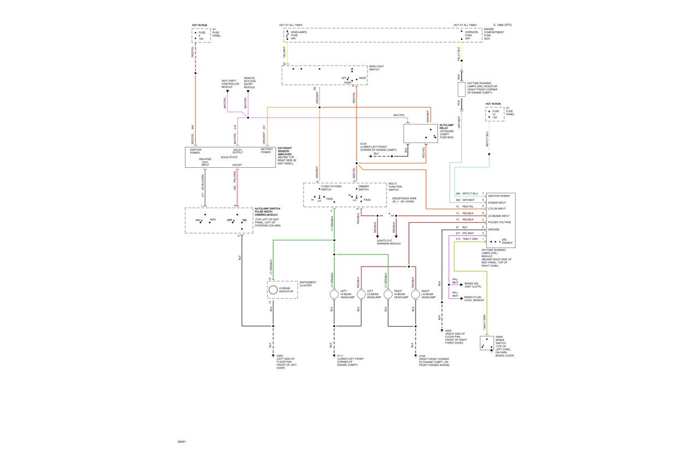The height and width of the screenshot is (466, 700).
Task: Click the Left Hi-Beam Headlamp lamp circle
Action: click(x=334, y=294)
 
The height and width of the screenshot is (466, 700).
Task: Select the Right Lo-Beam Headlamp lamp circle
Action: click(x=416, y=294)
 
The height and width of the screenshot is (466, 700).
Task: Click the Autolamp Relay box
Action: click(x=421, y=133)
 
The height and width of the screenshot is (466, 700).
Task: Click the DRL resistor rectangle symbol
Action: click(x=462, y=90)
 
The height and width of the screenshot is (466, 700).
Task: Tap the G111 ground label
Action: click(x=340, y=356)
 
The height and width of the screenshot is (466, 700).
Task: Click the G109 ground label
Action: click(x=422, y=356)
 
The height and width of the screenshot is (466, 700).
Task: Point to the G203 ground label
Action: click(x=448, y=331)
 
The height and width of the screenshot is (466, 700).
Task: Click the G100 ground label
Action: click(x=364, y=144)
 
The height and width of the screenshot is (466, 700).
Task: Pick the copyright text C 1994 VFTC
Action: click(x=503, y=25)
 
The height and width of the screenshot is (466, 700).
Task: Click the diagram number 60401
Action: click(x=182, y=441)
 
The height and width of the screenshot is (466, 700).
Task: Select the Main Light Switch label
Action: click(x=376, y=68)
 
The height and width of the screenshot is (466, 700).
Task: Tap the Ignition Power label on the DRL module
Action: click(x=498, y=196)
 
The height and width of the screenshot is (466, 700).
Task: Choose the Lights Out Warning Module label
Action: click(x=388, y=242)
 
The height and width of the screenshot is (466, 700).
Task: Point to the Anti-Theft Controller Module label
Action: click(x=227, y=83)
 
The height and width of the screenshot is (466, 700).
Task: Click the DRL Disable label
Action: click(x=507, y=241)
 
